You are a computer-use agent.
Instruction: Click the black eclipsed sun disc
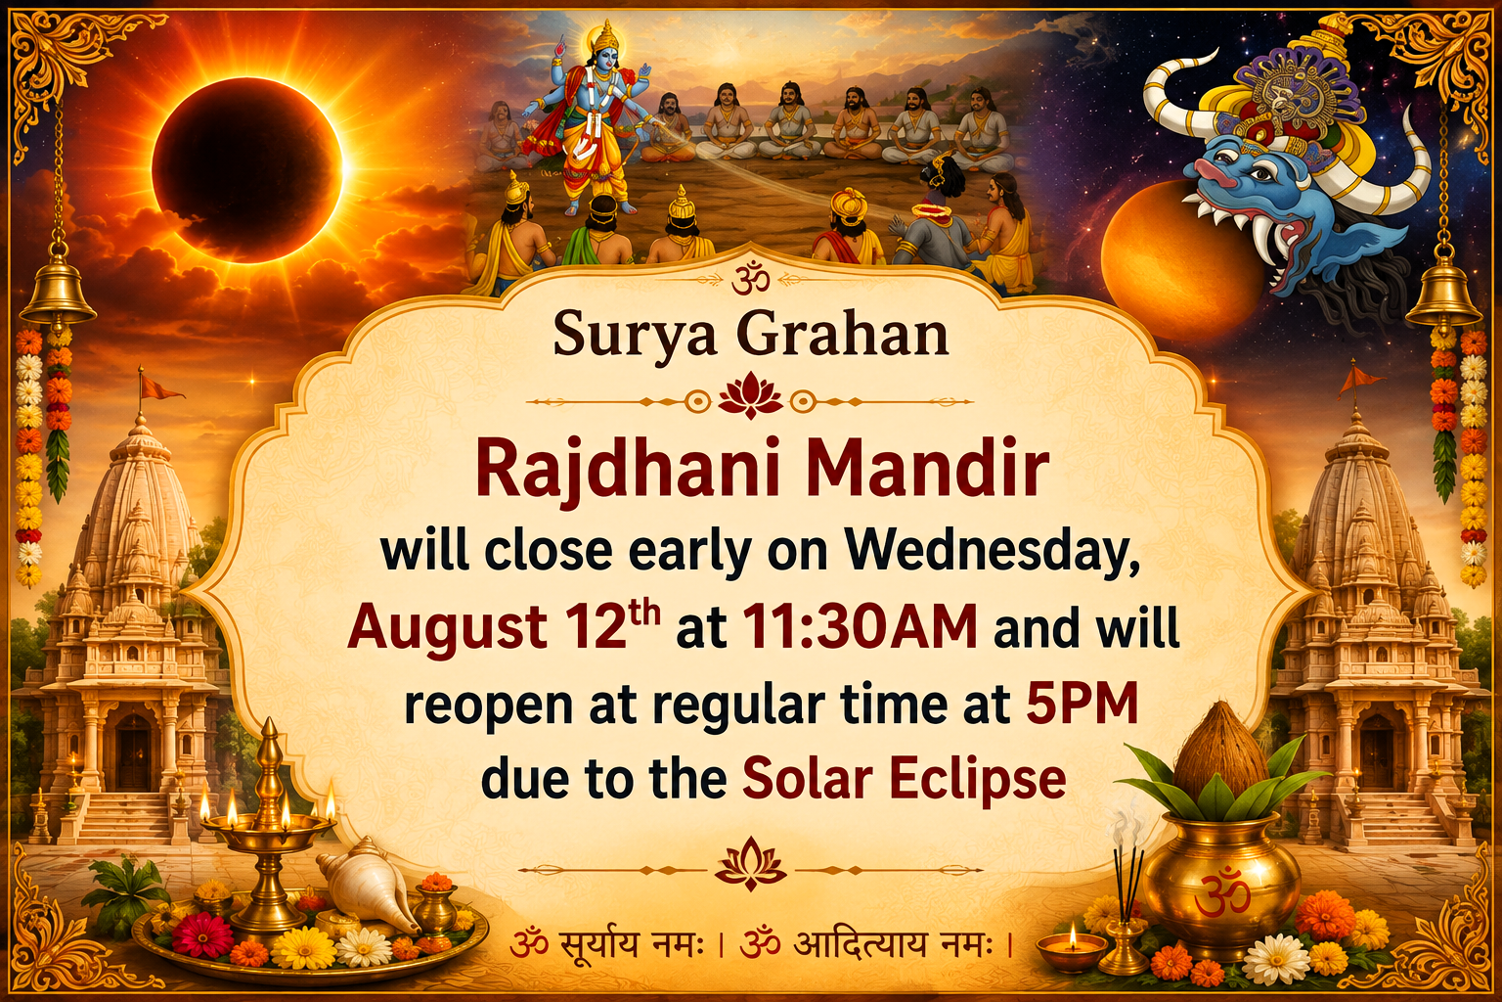tap(246, 170)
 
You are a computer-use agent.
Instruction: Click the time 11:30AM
tap(861, 628)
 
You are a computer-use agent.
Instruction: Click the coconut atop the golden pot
tap(1220, 755)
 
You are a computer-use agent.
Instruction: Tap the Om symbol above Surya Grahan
tap(750, 278)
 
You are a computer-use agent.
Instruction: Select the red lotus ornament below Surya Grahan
tap(750, 398)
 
